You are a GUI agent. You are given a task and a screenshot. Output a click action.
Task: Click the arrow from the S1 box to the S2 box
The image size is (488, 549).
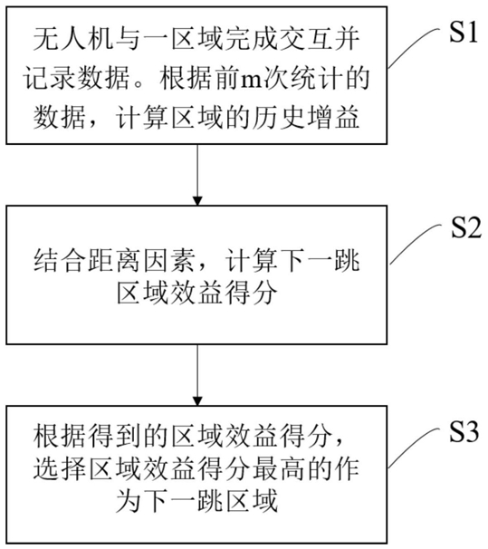point(197,175)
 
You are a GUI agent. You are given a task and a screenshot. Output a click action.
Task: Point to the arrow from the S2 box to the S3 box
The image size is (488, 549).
point(197,375)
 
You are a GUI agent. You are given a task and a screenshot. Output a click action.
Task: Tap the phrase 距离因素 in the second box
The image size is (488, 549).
point(141,261)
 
